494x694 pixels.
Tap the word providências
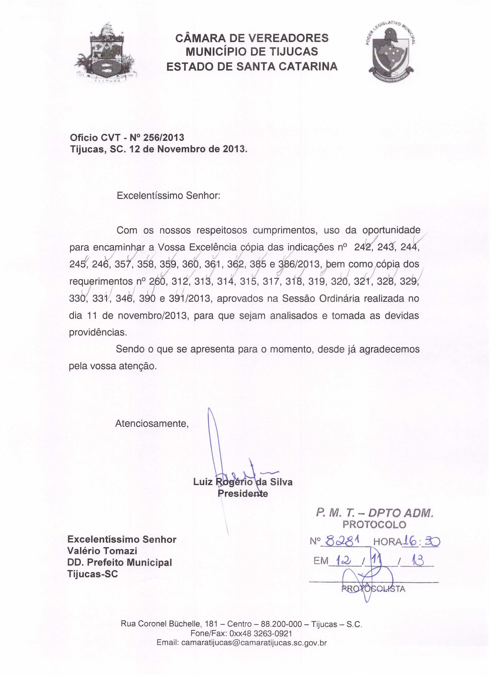point(98,332)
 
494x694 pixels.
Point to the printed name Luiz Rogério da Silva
point(243,482)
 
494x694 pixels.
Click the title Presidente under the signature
point(243,493)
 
